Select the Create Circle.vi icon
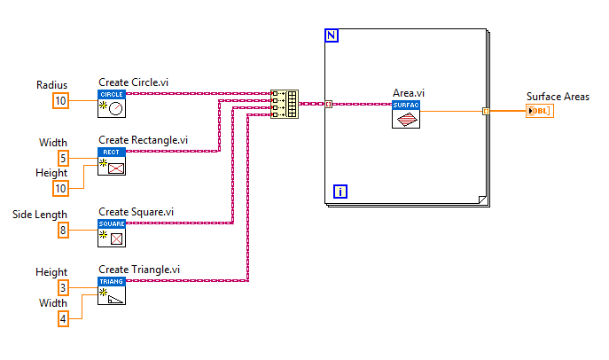pyautogui.click(x=112, y=103)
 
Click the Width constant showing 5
pyautogui.click(x=64, y=158)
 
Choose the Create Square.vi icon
pyautogui.click(x=112, y=232)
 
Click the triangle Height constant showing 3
pyautogui.click(x=64, y=288)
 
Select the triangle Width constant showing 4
pyautogui.click(x=64, y=317)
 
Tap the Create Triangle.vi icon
pyautogui.click(x=112, y=291)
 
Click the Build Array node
pyautogui.click(x=285, y=104)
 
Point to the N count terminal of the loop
pyautogui.click(x=332, y=35)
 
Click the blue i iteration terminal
pyautogui.click(x=340, y=190)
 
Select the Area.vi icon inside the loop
pyautogui.click(x=405, y=114)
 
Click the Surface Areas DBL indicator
pyautogui.click(x=539, y=111)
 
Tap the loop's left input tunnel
pyautogui.click(x=329, y=104)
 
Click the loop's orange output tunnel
pyautogui.click(x=486, y=111)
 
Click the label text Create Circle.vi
pyautogui.click(x=133, y=82)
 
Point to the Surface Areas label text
pyautogui.click(x=558, y=96)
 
